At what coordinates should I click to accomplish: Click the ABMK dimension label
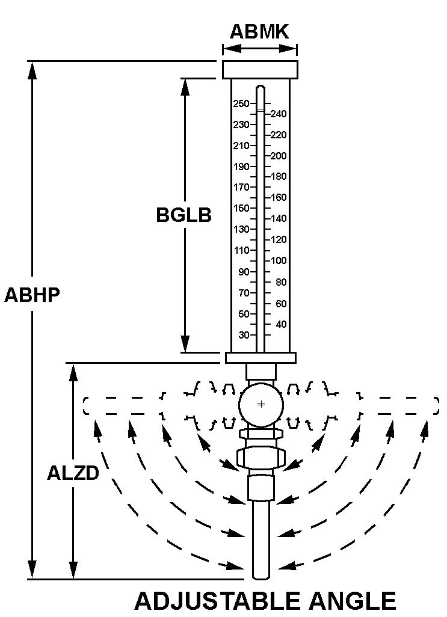point(259,31)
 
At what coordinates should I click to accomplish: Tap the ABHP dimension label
point(32,294)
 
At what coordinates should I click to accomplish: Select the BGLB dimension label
point(183,215)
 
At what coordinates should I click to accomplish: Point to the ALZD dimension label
point(73,473)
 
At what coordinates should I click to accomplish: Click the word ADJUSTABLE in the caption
point(217,601)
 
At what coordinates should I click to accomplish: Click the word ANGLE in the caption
point(352,601)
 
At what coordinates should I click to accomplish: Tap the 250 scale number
point(241,103)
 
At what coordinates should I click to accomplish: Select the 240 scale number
point(279,114)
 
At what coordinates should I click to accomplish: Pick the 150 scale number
point(241,208)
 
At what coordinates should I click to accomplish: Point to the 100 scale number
point(279,260)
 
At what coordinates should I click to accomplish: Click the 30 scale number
point(244,335)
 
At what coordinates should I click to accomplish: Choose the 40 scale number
point(281,325)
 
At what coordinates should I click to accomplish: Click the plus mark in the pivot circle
point(261,405)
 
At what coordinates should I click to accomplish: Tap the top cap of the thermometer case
point(260,70)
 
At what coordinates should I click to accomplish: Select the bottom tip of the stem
point(261,579)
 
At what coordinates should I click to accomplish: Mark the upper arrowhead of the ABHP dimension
point(32,70)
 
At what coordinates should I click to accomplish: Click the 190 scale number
point(241,167)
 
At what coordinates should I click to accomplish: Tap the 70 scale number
point(244,293)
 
